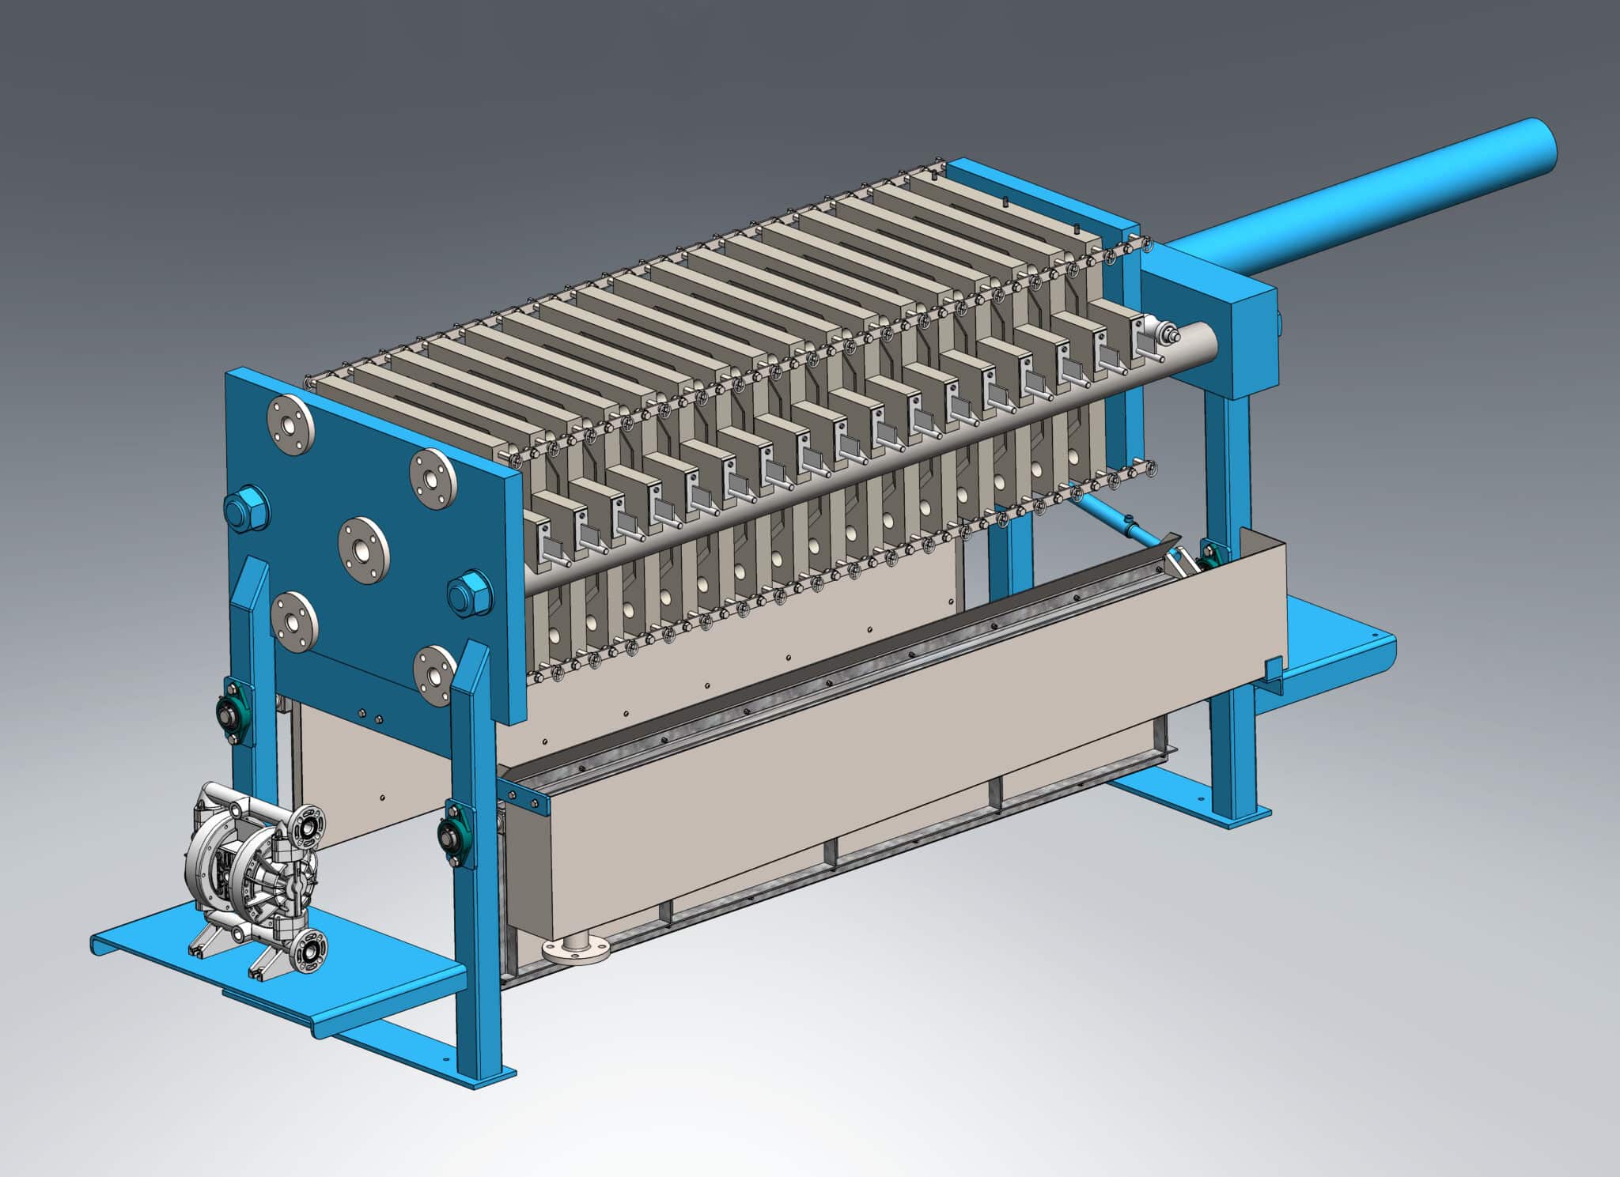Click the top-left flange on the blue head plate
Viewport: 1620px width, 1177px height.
pyautogui.click(x=290, y=424)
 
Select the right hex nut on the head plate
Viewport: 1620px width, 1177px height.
pyautogui.click(x=470, y=594)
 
